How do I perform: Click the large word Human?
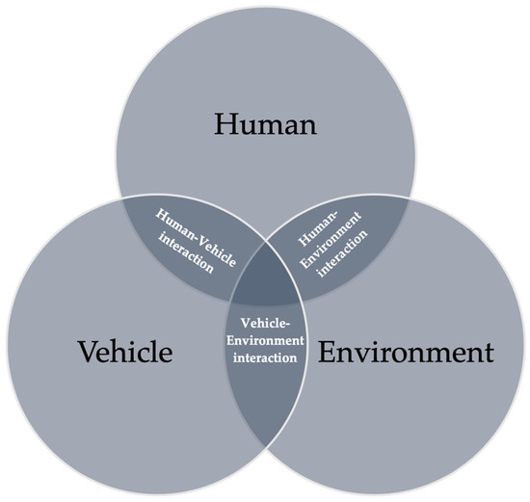point(265,124)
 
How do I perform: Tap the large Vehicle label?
point(125,352)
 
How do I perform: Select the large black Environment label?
point(406,352)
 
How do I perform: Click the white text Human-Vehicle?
point(196,238)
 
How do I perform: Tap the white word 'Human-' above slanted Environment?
point(317,229)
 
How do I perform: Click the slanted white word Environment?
point(331,240)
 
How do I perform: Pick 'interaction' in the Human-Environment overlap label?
point(343,253)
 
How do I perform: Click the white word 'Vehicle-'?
point(265,323)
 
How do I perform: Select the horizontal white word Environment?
point(265,340)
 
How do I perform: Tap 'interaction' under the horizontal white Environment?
point(265,357)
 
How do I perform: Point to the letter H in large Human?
point(225,124)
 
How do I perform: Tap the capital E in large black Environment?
point(328,352)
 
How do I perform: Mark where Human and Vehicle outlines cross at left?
point(122,199)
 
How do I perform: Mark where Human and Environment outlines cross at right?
point(409,199)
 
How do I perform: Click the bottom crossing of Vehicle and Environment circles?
point(265,448)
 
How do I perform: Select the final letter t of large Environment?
point(490,354)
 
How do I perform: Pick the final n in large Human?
point(306,128)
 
